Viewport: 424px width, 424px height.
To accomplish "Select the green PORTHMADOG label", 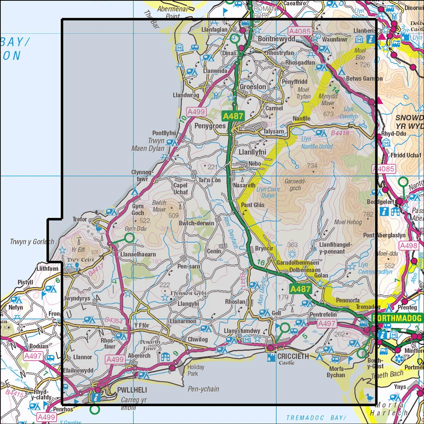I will tap(397, 318).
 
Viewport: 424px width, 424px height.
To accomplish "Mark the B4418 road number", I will tap(340, 133).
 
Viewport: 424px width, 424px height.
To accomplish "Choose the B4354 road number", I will tap(114, 321).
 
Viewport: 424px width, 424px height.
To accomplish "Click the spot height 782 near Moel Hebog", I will tap(368, 215).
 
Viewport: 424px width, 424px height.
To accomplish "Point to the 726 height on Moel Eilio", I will tap(365, 65).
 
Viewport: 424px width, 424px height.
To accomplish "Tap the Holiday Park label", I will tap(195, 371).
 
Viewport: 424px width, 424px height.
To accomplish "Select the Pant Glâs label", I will tap(254, 206).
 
